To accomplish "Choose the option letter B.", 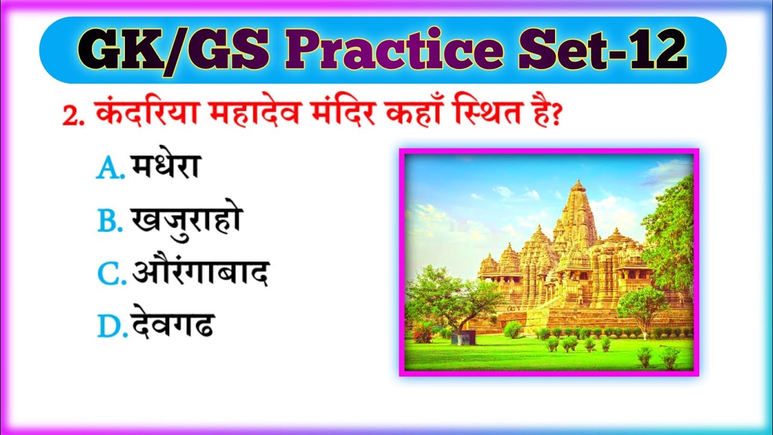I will tap(110, 223).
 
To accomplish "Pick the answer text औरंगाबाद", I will tap(200, 274).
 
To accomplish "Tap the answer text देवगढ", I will tap(172, 327).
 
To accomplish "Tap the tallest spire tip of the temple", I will tap(578, 181).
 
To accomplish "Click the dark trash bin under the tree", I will tap(458, 337).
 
